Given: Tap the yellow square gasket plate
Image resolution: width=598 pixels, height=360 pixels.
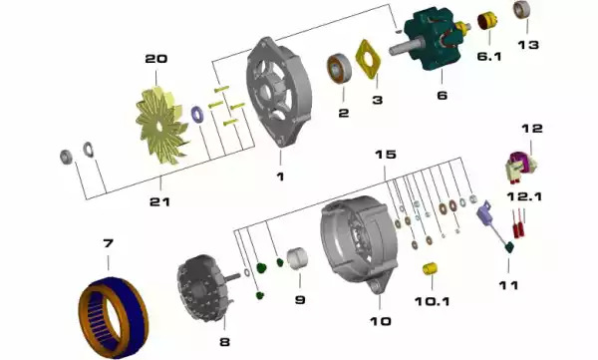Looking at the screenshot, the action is [368, 59].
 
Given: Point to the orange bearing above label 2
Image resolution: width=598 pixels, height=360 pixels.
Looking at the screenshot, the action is [339, 69].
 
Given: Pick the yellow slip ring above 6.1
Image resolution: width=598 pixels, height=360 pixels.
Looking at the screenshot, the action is [487, 21].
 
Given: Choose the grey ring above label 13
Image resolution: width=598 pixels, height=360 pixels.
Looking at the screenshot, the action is [522, 10].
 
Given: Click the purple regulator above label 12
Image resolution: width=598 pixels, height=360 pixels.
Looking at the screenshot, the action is [521, 166].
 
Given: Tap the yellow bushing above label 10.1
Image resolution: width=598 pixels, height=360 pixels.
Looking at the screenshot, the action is [431, 268].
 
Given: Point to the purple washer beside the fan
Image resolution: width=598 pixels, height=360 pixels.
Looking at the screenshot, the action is [197, 115].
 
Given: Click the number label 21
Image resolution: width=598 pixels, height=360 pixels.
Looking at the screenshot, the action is [159, 201].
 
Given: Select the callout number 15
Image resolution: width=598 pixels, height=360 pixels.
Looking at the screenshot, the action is [385, 155].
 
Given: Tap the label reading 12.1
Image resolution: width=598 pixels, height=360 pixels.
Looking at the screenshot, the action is [524, 196].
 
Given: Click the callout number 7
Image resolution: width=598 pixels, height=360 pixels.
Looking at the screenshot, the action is [108, 242].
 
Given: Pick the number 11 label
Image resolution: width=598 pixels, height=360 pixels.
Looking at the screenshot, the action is [508, 285].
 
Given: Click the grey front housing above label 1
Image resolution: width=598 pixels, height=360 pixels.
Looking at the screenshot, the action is [278, 92].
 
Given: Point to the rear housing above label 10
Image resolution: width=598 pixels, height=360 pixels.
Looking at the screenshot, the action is [359, 244].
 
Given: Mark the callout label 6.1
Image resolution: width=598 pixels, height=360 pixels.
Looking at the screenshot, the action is [489, 57].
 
